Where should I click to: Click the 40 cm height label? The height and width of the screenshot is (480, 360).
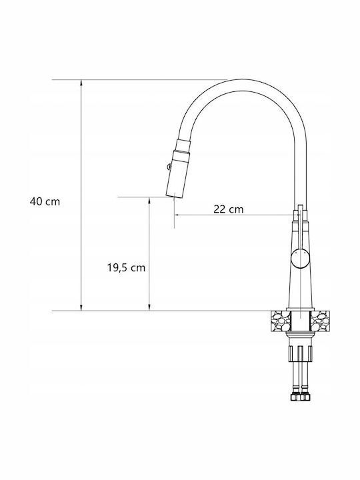pos(45,202)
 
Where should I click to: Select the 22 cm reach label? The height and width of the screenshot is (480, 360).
pos(229,209)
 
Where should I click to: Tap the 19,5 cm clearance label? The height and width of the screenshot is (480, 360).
pos(126,268)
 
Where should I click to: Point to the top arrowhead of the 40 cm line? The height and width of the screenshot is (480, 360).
pos(81,83)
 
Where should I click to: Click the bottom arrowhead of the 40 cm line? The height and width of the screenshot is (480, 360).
pos(81,307)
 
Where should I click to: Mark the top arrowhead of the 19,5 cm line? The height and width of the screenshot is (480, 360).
pos(149,200)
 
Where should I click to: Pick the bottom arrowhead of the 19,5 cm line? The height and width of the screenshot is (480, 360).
pos(149,307)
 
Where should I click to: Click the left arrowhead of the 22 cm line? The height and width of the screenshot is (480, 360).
pos(177,215)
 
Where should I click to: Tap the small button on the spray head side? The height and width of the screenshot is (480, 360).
pos(169,166)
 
